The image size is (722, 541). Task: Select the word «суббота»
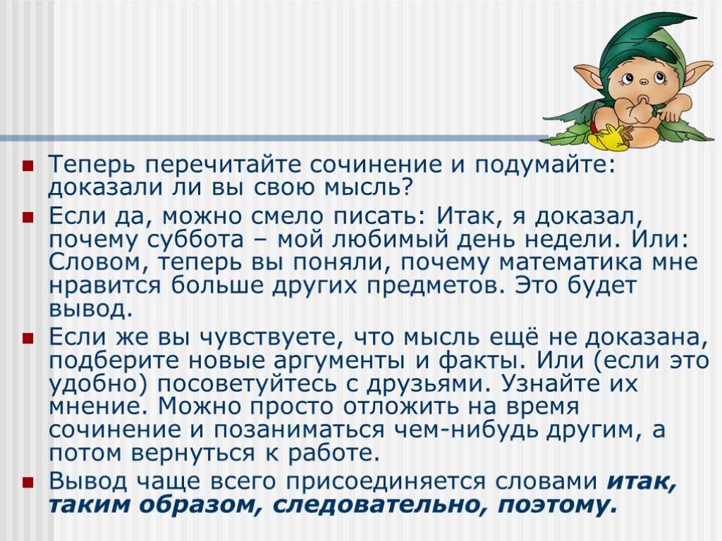196,240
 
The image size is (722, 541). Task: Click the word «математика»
571,262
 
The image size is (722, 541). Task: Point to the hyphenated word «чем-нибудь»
468,430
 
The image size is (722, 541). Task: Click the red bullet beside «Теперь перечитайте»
27,166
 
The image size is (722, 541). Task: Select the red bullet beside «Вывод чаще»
27,482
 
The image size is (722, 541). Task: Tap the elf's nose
644,82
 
